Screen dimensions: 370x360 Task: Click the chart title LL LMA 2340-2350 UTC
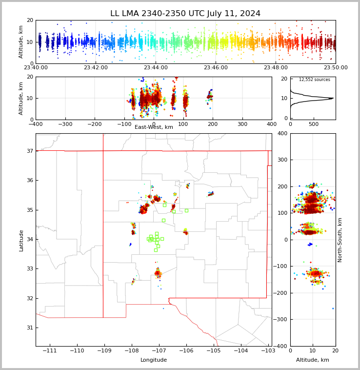click(185, 14)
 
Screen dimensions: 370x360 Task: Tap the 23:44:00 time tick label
click(156, 68)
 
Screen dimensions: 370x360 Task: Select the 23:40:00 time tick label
click(36, 68)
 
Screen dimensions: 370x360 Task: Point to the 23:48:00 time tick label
click(276, 68)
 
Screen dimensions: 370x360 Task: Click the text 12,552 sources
click(314, 80)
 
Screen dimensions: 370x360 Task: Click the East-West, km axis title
click(154, 127)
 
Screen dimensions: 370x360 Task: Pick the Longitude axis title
click(154, 360)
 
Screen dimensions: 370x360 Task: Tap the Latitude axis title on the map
click(21, 240)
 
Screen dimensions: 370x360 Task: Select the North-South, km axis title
click(340, 240)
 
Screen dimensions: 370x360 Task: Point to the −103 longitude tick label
click(268, 351)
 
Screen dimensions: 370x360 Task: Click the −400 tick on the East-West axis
click(36, 124)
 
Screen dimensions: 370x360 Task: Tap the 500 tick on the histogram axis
click(313, 124)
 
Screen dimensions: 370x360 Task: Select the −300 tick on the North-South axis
click(282, 320)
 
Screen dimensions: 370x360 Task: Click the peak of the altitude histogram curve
click(333, 98)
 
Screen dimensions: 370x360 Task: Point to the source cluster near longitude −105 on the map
click(211, 194)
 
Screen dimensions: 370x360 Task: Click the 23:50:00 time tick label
click(336, 68)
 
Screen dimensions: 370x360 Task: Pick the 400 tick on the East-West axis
click(272, 124)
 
